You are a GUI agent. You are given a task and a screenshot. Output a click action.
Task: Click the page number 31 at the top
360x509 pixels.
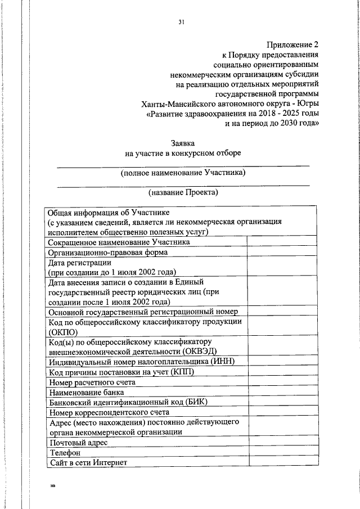pos(181,22)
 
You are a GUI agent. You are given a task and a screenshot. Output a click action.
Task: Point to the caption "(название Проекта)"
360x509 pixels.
pos(183,192)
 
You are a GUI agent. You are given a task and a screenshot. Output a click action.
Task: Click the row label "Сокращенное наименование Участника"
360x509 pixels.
pos(119,241)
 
